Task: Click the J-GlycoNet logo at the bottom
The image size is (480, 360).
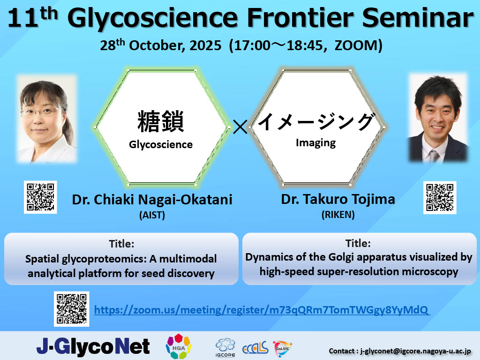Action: [x=93, y=346]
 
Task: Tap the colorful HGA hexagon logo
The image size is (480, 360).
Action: [x=179, y=346]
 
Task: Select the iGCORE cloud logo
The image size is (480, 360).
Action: [x=225, y=347]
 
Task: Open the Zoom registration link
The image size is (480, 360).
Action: [x=262, y=310]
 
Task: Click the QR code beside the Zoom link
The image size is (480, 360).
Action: [x=72, y=309]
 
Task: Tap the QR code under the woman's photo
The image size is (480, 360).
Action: [x=40, y=197]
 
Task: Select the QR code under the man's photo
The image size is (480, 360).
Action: [x=439, y=197]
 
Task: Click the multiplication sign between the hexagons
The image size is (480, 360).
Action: [x=240, y=127]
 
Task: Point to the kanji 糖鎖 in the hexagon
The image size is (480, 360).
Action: [x=161, y=121]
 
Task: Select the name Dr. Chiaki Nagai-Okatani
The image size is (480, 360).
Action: [x=152, y=200]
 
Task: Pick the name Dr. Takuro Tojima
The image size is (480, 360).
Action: [x=338, y=199]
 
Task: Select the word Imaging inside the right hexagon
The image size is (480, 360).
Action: [x=315, y=143]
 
